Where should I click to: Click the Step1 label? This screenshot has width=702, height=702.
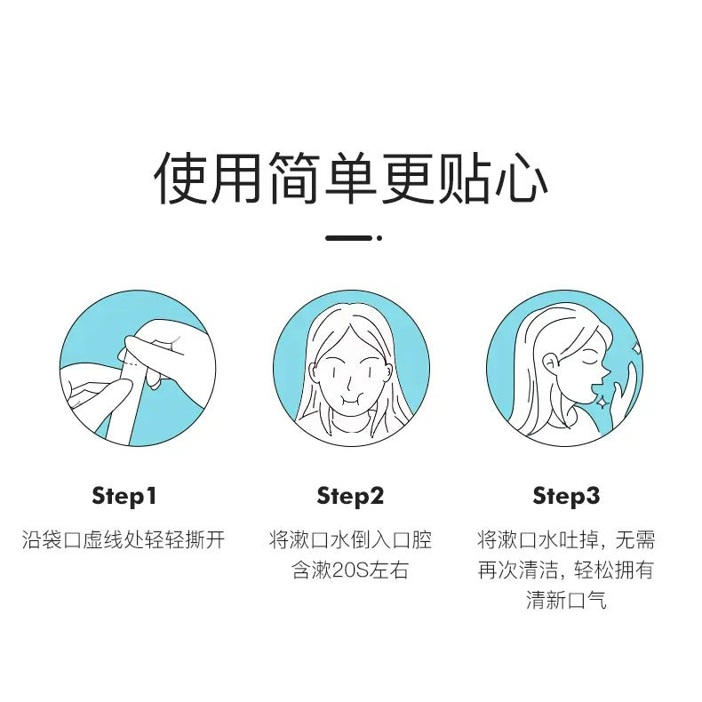tap(124, 496)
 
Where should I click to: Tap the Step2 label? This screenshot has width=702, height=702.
tap(350, 496)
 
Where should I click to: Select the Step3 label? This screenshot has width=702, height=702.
tap(566, 496)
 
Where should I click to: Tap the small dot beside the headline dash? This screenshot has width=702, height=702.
tap(379, 238)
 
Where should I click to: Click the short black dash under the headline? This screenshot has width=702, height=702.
tap(348, 238)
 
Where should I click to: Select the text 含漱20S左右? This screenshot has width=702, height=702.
tap(350, 570)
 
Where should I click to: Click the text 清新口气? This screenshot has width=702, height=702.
tap(566, 601)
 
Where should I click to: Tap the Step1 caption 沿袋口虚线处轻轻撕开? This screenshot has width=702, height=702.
tap(124, 540)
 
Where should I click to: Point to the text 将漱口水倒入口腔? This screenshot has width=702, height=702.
tap(350, 540)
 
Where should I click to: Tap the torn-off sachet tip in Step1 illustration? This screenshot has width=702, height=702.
tap(154, 381)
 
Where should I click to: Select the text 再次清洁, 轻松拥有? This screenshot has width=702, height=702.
tap(566, 570)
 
